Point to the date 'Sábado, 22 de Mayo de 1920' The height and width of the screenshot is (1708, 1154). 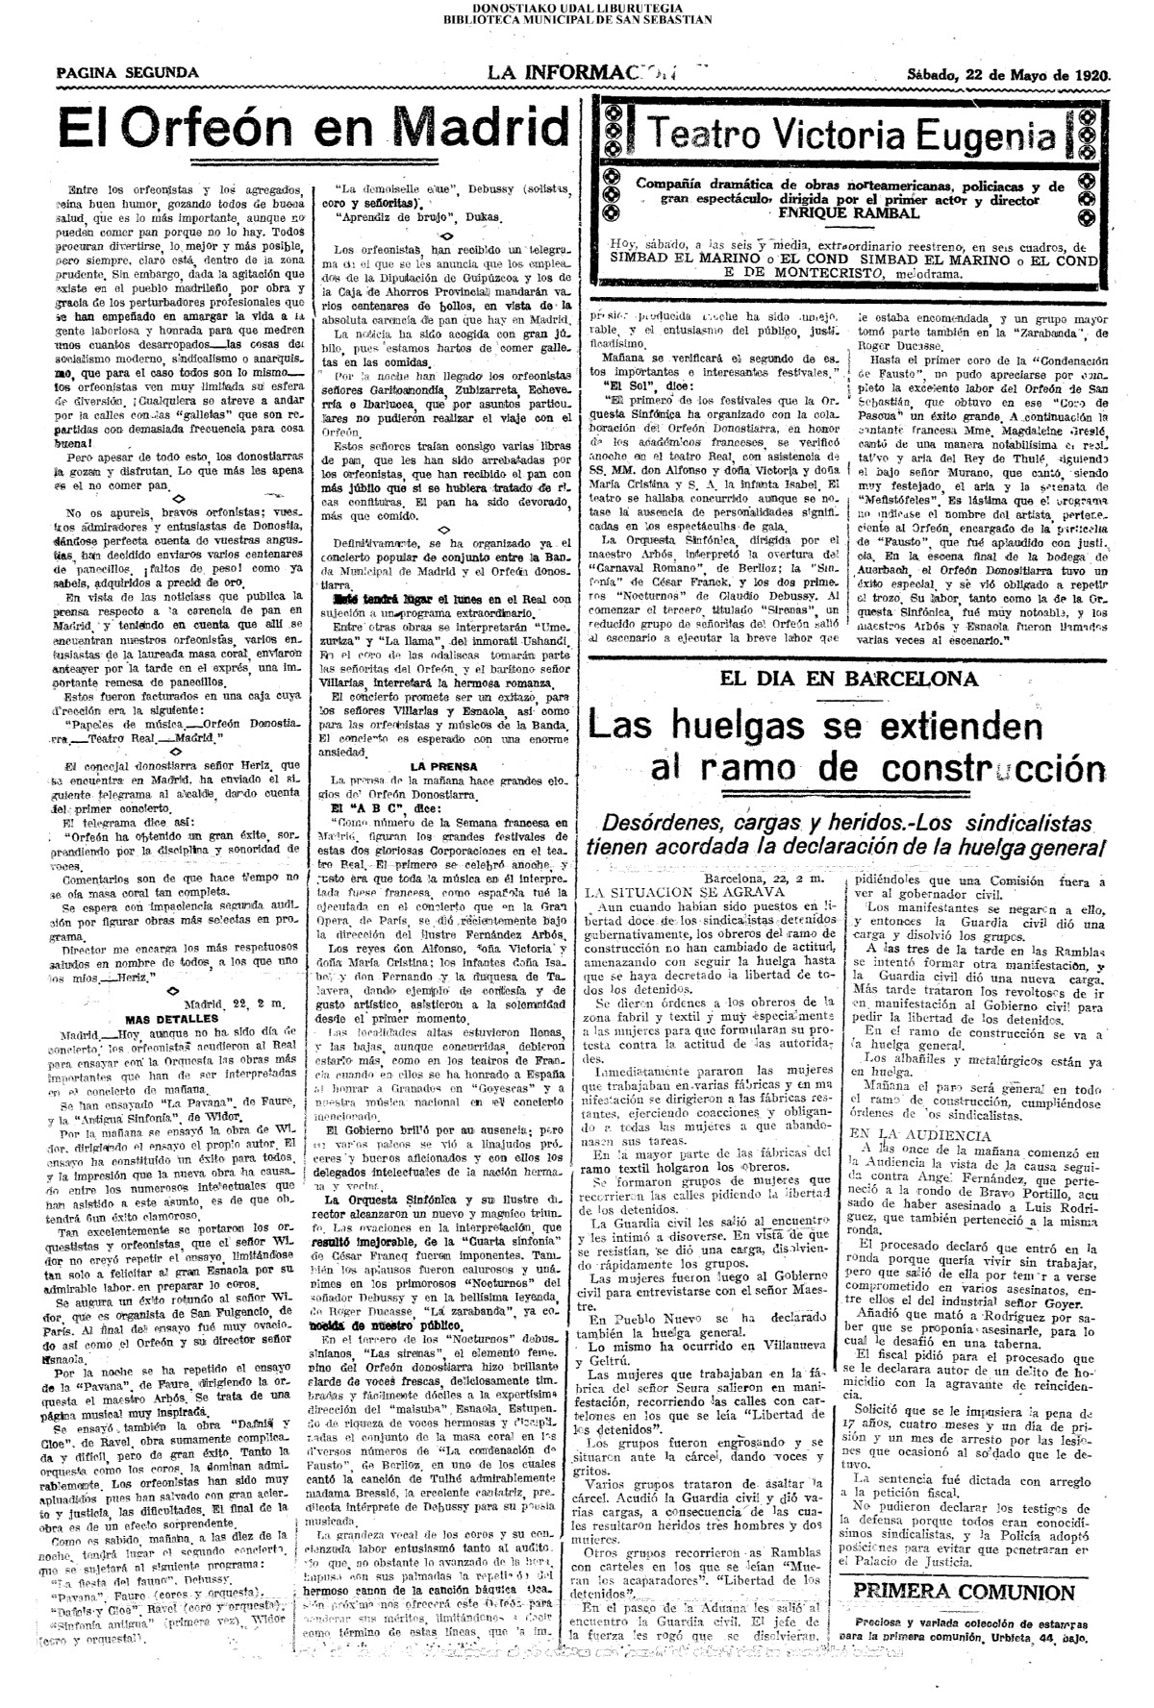1008,74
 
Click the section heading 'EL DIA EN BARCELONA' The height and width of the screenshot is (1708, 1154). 849,678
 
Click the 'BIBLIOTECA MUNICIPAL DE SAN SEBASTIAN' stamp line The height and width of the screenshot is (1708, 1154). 577,18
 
